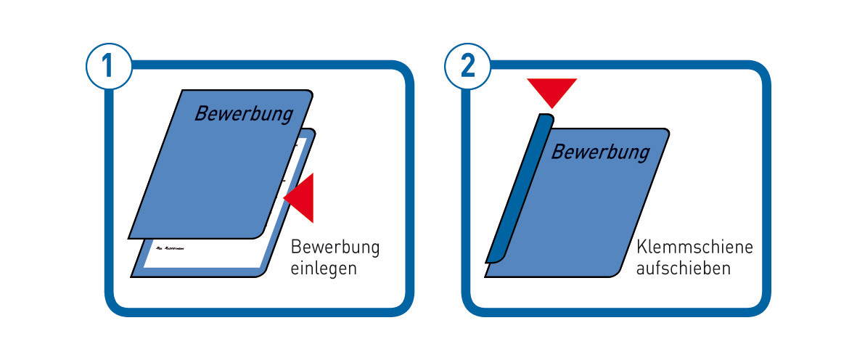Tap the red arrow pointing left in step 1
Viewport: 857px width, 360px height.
click(x=301, y=197)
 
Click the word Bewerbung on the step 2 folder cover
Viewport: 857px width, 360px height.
click(x=600, y=152)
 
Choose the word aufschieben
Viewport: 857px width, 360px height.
click(x=683, y=268)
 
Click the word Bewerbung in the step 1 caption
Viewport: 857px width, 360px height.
click(x=335, y=247)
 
